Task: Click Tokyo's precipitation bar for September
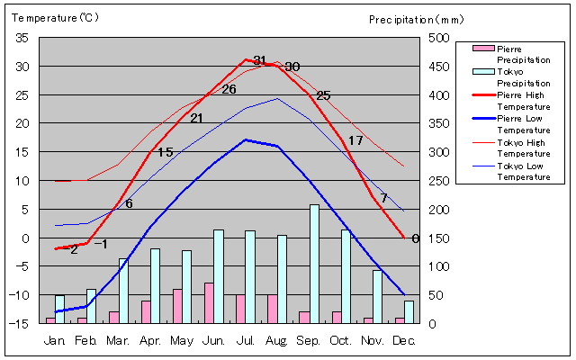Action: [314, 264]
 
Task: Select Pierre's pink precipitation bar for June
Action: [209, 303]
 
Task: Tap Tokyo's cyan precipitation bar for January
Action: [60, 309]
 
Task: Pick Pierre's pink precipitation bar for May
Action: [177, 306]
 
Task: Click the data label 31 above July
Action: [259, 60]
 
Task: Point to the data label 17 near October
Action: [355, 140]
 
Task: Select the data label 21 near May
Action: [197, 119]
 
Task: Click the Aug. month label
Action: [277, 340]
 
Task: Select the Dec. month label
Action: [404, 340]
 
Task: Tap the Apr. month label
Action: [150, 340]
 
